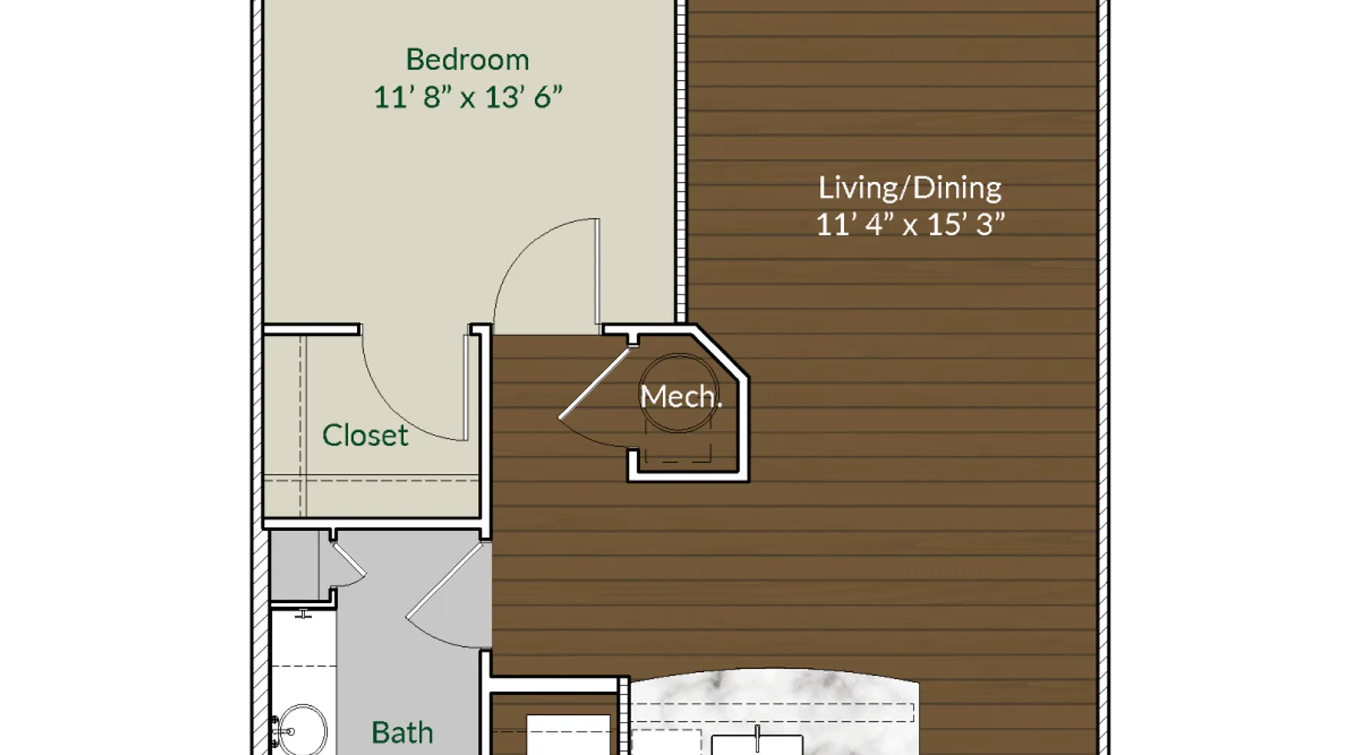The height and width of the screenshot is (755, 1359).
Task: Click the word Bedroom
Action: click(467, 60)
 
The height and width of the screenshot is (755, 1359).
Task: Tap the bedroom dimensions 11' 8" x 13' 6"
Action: click(468, 97)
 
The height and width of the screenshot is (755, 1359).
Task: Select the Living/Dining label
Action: click(910, 188)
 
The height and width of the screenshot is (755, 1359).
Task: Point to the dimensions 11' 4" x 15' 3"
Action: click(911, 224)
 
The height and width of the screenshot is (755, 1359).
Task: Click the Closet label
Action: click(365, 435)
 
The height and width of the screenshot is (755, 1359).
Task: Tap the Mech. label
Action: click(681, 396)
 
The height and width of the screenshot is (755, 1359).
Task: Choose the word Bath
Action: click(402, 732)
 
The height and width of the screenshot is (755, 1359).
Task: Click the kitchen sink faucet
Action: click(757, 738)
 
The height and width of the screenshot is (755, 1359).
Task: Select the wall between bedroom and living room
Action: click(681, 162)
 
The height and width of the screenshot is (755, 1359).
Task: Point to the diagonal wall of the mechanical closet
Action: click(721, 352)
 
